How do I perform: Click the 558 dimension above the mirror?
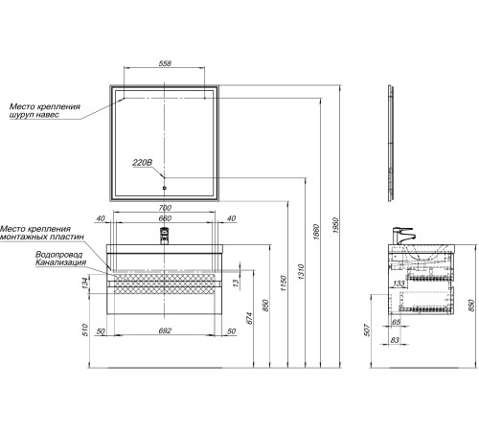(x=165, y=63)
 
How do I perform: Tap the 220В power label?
(x=142, y=163)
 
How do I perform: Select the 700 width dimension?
(x=165, y=208)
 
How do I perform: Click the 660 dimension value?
(x=165, y=218)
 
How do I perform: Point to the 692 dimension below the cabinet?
(x=165, y=330)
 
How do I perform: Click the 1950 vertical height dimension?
(x=335, y=225)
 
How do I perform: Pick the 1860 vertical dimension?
(x=316, y=233)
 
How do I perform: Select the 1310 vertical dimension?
(x=301, y=272)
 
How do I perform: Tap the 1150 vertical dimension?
(x=284, y=284)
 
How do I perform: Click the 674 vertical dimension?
(x=249, y=318)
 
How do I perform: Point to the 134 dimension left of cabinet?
(x=85, y=284)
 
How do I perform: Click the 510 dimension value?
(x=85, y=329)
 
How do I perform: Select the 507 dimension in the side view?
(x=367, y=330)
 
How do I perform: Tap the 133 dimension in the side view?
(x=399, y=284)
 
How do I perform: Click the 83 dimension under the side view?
(x=395, y=340)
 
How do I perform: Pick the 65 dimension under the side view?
(x=396, y=322)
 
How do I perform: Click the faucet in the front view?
(x=164, y=236)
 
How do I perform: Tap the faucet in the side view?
(x=403, y=236)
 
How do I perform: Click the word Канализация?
(x=60, y=262)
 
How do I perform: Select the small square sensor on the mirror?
(x=165, y=188)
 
